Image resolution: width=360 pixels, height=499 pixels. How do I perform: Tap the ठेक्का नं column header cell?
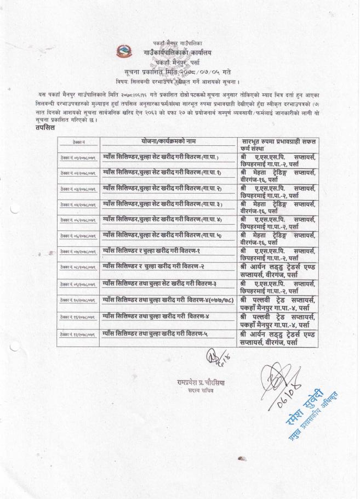tap(79, 143)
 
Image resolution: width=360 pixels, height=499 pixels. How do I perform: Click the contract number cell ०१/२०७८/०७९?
tap(79, 158)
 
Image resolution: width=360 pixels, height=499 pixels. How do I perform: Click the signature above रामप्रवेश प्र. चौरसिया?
tap(199, 363)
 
